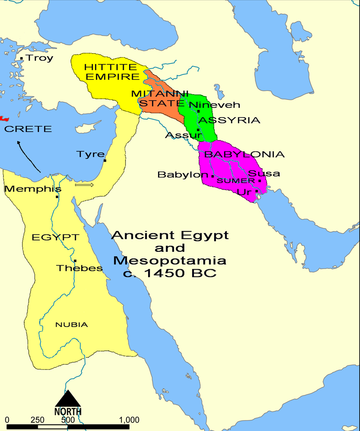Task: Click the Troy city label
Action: tap(40, 58)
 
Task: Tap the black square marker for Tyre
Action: tap(105, 160)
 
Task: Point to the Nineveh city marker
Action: tap(198, 111)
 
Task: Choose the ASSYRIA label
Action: tap(229, 120)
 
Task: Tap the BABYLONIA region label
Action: tap(244, 154)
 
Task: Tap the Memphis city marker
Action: tap(57, 197)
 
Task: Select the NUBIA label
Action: tap(72, 324)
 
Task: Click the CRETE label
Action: tap(28, 129)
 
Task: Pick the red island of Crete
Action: tap(4, 118)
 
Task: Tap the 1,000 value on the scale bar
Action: tap(129, 420)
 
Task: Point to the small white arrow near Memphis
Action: tap(84, 185)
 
